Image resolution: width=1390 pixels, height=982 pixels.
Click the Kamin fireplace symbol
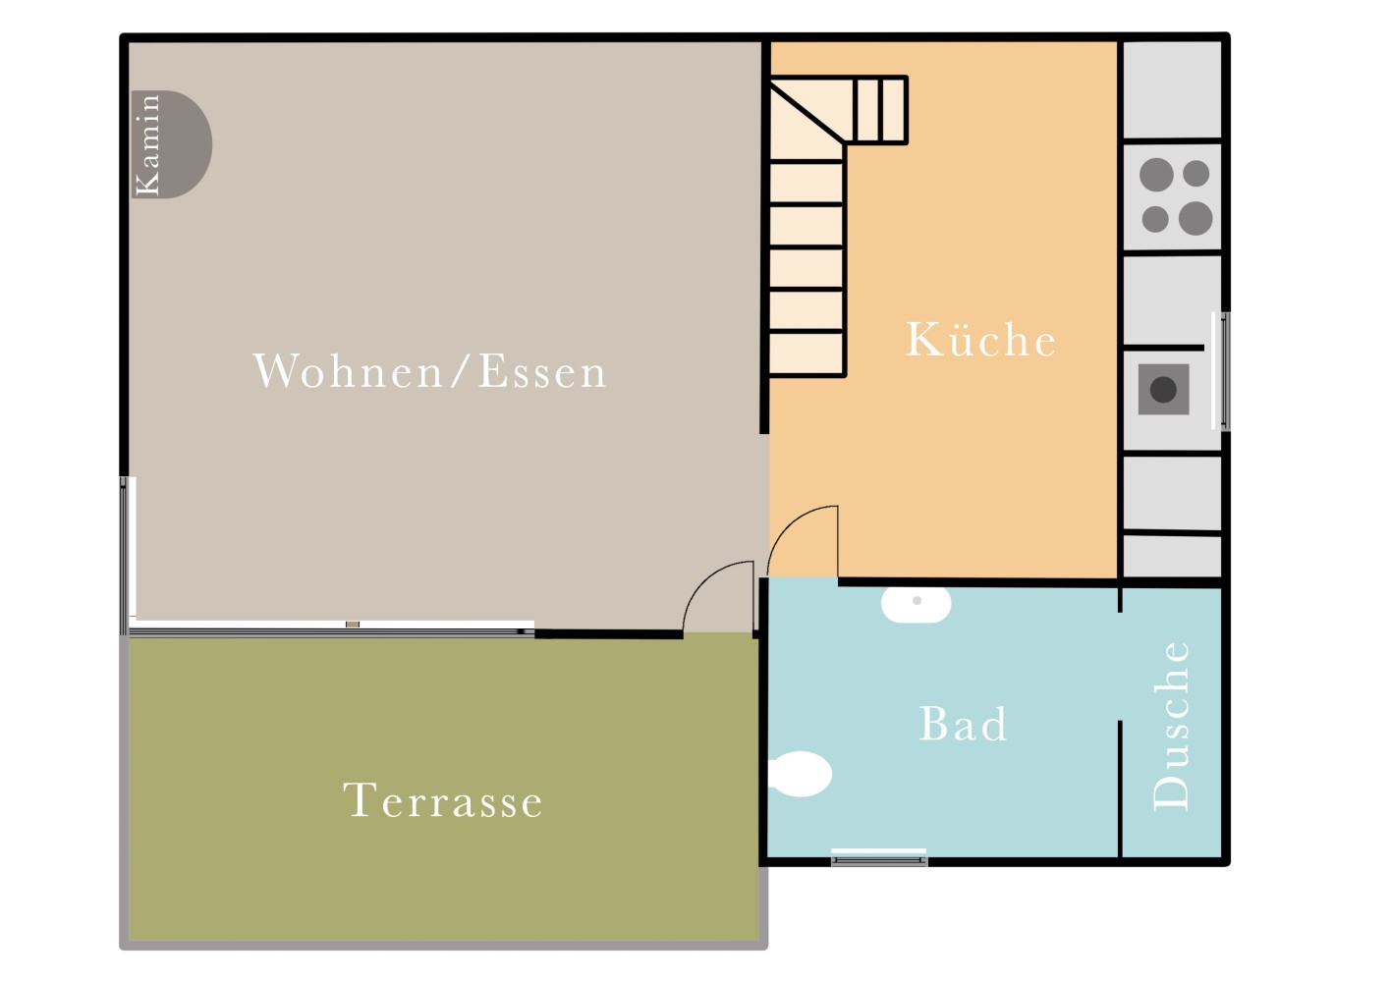coord(172,144)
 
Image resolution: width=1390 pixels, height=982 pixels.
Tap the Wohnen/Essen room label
coord(429,371)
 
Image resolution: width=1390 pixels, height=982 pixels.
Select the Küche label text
coord(980,340)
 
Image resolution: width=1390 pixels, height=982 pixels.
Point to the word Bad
coord(963,724)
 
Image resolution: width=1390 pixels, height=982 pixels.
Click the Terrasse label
coord(443,800)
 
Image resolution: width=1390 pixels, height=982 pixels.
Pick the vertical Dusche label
coord(1171,726)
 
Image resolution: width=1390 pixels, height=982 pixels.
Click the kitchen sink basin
coord(1163,390)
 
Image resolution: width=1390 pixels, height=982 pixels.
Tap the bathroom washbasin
coord(916,604)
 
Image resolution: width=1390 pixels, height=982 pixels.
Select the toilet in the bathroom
coord(800,774)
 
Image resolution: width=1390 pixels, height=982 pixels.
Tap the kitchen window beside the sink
coord(1221,371)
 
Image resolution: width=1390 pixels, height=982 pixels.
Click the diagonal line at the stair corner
coord(807,113)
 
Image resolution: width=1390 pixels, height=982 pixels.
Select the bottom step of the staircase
coord(806,354)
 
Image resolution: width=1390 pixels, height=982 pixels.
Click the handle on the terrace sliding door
coord(353,625)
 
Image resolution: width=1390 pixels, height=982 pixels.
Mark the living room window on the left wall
coord(127,555)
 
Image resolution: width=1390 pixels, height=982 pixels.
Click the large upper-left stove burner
coord(1156,175)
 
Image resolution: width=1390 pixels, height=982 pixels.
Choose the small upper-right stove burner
coord(1195,173)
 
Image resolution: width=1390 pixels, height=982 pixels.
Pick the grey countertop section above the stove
coord(1172,90)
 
